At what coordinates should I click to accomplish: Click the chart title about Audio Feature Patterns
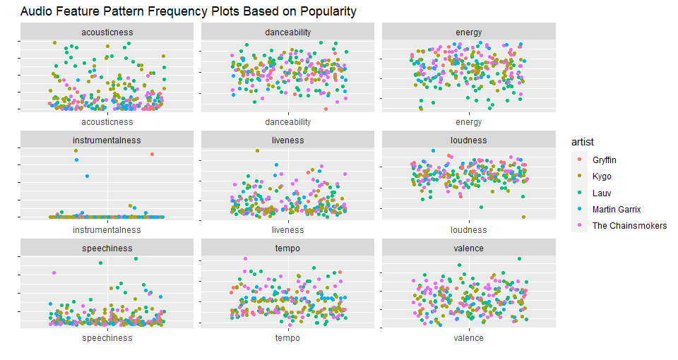pyautogui.click(x=188, y=11)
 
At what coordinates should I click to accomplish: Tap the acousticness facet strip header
pyautogui.click(x=107, y=32)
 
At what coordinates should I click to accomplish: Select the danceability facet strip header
pyautogui.click(x=287, y=32)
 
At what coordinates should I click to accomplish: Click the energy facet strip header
pyautogui.click(x=469, y=32)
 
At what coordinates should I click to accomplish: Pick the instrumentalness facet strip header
pyautogui.click(x=107, y=140)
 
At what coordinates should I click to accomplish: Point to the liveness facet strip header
pyautogui.click(x=287, y=140)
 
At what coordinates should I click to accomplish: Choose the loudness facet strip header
pyautogui.click(x=469, y=140)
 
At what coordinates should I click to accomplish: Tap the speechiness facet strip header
pyautogui.click(x=107, y=248)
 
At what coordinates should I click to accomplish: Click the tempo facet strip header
pyautogui.click(x=287, y=248)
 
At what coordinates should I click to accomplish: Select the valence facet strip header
pyautogui.click(x=469, y=248)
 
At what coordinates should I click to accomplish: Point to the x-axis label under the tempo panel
pyautogui.click(x=287, y=338)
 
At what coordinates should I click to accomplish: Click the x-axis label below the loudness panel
pyautogui.click(x=469, y=229)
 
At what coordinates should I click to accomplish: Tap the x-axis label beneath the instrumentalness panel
pyautogui.click(x=107, y=229)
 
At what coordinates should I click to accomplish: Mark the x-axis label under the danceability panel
pyautogui.click(x=287, y=121)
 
